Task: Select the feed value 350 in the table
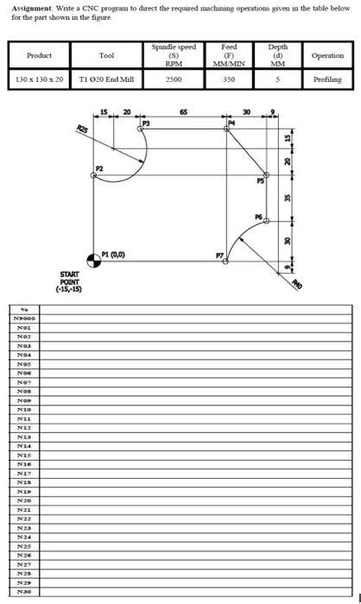(x=229, y=79)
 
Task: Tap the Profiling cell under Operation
(x=326, y=79)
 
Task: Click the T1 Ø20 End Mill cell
(x=106, y=79)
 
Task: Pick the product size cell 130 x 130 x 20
(x=40, y=79)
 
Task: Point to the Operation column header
(x=326, y=55)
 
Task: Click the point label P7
(x=218, y=255)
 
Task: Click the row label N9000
(x=22, y=318)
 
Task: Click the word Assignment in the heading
(x=28, y=8)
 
